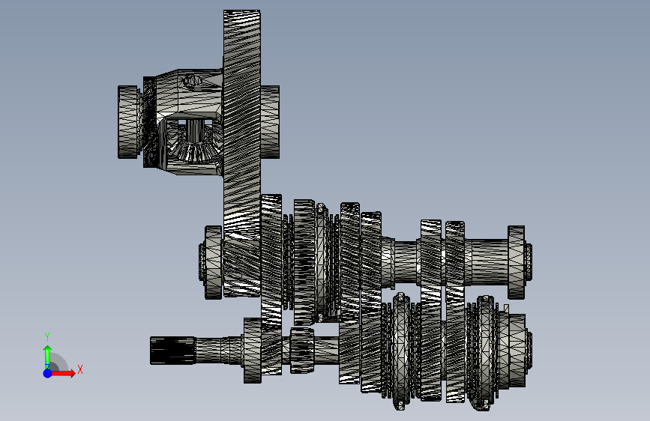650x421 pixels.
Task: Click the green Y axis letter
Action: pos(47,337)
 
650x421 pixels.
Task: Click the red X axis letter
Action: pos(80,369)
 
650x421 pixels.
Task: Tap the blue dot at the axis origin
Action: pos(48,373)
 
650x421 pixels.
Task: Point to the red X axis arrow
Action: pos(62,373)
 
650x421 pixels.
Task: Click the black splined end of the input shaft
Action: pos(172,351)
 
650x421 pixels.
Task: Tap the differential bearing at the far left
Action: pos(128,122)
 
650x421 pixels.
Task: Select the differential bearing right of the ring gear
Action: pos(270,122)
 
